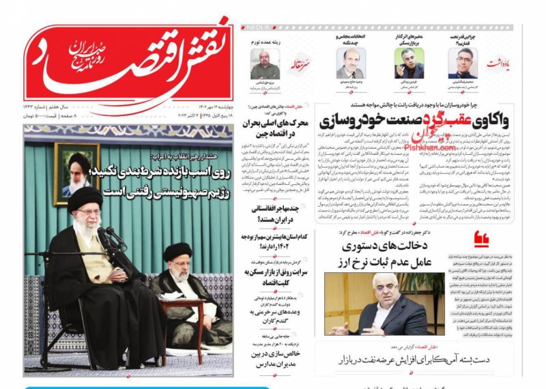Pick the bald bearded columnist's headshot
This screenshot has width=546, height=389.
(x=264, y=63)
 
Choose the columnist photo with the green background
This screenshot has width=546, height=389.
(x=409, y=63)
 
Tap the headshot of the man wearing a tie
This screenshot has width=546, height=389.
(x=350, y=63)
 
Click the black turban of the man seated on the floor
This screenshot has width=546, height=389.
(x=177, y=251)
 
